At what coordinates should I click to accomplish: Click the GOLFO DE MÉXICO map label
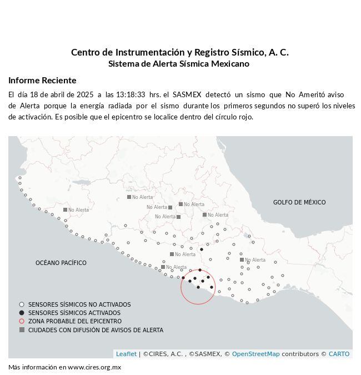(x=299, y=202)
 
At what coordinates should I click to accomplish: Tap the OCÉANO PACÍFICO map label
(x=61, y=263)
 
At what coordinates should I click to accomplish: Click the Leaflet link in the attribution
(x=126, y=354)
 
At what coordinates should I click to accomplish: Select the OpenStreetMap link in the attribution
(x=255, y=354)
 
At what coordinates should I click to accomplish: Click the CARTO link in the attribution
(x=339, y=354)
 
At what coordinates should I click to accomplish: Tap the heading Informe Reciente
(x=42, y=80)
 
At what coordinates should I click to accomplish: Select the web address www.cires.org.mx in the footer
(x=94, y=367)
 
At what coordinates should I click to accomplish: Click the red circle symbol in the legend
(x=22, y=321)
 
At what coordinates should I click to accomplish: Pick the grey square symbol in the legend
(x=22, y=329)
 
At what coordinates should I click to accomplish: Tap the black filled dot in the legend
(x=22, y=313)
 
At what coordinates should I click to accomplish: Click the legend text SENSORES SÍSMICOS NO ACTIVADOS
(x=79, y=304)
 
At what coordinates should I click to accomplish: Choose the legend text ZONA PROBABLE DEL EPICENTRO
(x=75, y=321)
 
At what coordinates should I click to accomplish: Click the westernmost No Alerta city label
(x=78, y=210)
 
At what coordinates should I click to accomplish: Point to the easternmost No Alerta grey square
(x=242, y=259)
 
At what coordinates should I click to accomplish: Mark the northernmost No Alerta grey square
(x=129, y=197)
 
